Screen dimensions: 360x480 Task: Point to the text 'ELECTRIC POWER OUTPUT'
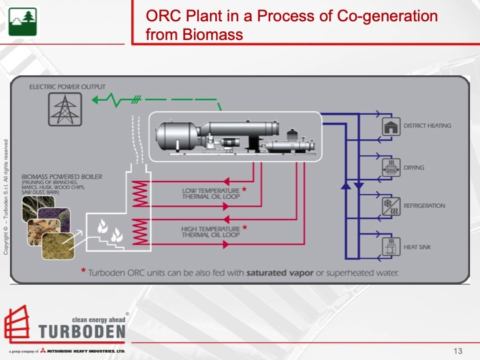(x=67, y=87)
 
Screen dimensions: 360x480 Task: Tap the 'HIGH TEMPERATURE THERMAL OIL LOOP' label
(x=211, y=231)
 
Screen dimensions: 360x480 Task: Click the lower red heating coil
(x=141, y=232)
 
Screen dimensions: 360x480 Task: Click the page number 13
(x=457, y=351)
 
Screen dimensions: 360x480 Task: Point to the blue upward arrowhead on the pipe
(x=345, y=185)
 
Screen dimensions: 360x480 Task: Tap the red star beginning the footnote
(x=83, y=271)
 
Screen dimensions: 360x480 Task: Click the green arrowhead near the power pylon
(x=97, y=101)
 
